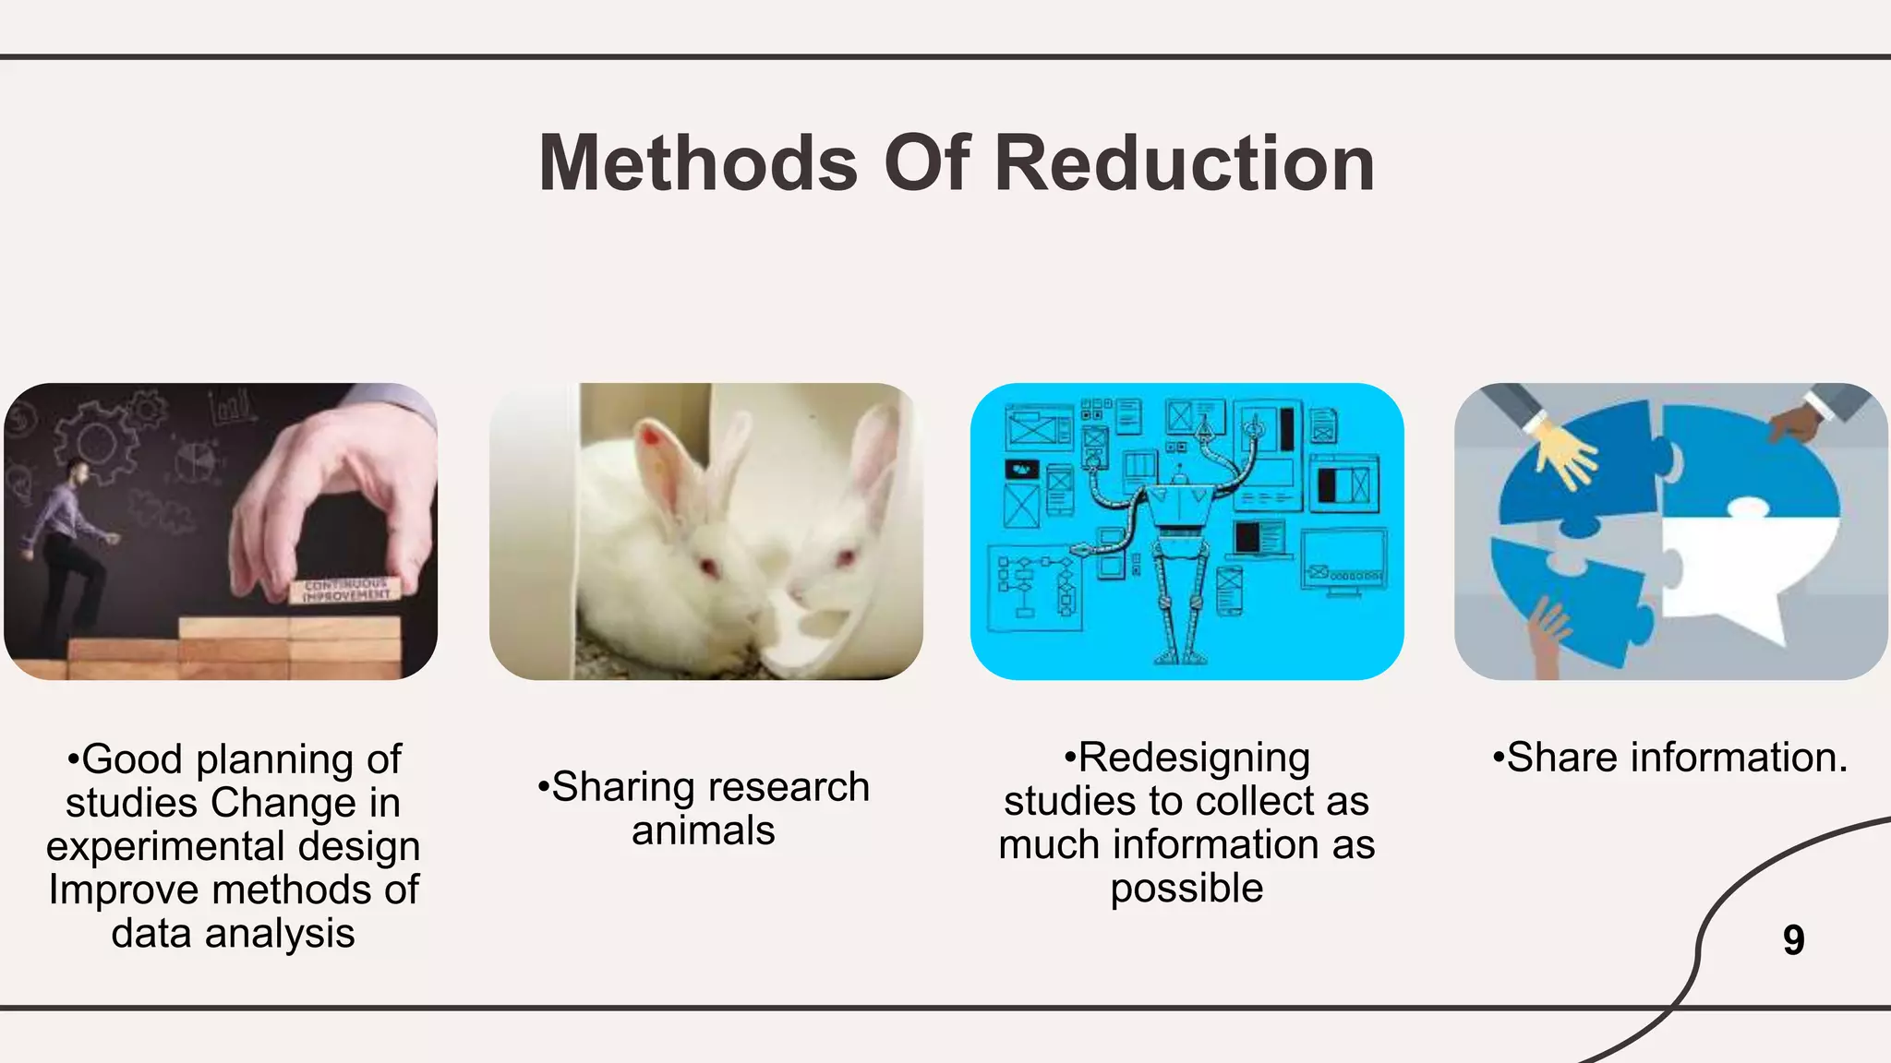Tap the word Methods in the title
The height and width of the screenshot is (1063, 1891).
(698, 163)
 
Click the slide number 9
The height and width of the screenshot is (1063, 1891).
(1793, 940)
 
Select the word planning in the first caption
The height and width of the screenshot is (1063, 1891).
(274, 760)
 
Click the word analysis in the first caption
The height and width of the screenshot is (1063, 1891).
(280, 934)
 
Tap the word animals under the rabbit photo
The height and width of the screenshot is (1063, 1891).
(704, 831)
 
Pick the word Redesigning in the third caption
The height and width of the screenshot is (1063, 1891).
(1194, 758)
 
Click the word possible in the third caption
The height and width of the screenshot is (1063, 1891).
(1186, 889)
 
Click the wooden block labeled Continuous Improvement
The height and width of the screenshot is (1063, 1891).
(345, 591)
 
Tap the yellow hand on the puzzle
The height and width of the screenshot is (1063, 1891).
(1566, 453)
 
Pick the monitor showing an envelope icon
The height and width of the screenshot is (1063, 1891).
(1343, 561)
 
